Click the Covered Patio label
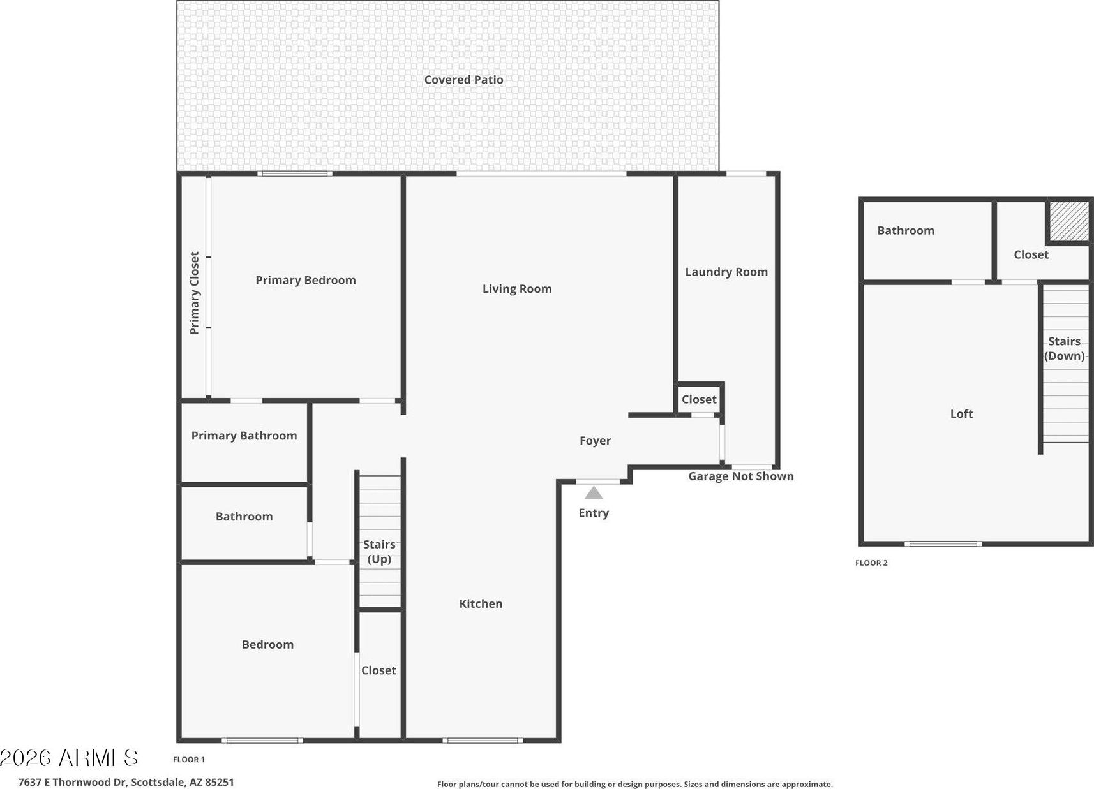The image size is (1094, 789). click(x=463, y=80)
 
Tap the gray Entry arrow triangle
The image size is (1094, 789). click(x=594, y=493)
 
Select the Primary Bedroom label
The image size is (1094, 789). click(x=306, y=280)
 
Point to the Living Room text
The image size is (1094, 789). click(x=517, y=289)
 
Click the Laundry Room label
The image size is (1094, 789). click(x=726, y=272)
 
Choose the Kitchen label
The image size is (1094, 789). click(x=481, y=603)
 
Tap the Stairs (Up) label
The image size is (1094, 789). click(x=379, y=551)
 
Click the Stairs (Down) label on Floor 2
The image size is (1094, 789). click(x=1064, y=348)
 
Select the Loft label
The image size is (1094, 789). click(x=961, y=414)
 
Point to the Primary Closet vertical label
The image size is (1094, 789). click(x=195, y=293)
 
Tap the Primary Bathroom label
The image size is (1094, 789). click(x=244, y=436)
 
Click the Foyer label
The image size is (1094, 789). click(x=595, y=441)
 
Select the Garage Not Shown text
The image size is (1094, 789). click(x=741, y=476)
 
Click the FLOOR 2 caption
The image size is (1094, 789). click(x=871, y=563)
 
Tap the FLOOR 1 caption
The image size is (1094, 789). click(x=189, y=759)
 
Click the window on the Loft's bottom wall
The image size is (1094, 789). click(x=943, y=543)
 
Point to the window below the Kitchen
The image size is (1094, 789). click(x=483, y=741)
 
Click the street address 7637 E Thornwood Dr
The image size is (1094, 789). click(x=73, y=782)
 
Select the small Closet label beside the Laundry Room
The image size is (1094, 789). click(x=699, y=399)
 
